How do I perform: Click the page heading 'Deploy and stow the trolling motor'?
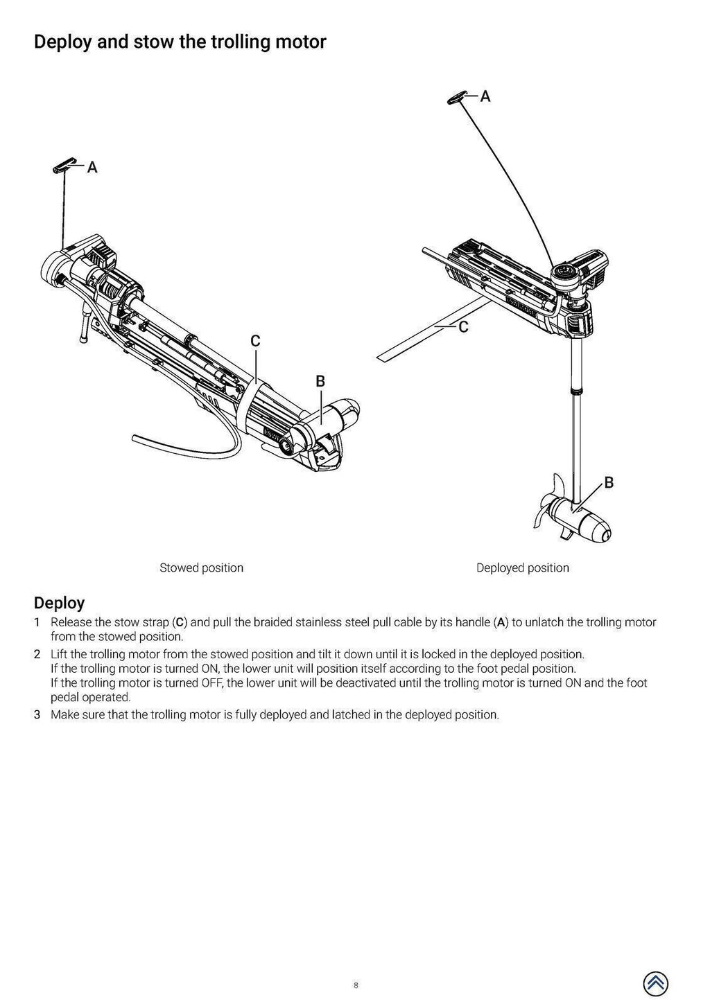(x=180, y=42)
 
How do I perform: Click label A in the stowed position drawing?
(x=92, y=168)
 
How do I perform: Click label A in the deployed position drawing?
(x=485, y=96)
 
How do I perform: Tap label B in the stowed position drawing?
(x=320, y=381)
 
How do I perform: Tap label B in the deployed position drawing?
(x=609, y=483)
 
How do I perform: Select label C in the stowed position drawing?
(x=255, y=341)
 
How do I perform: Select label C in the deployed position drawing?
(x=463, y=327)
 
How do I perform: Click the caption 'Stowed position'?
(x=201, y=568)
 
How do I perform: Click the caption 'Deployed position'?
(x=522, y=568)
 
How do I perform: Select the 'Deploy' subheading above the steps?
(x=59, y=603)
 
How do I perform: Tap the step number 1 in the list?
(x=37, y=622)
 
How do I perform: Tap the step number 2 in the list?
(x=37, y=654)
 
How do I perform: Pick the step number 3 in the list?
(x=37, y=714)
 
